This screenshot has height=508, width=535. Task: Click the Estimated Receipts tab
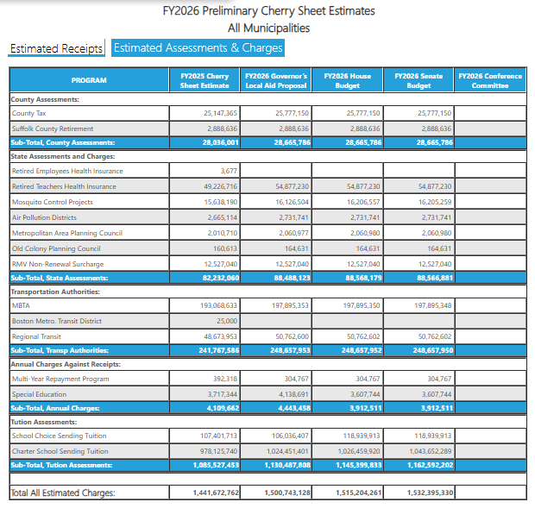56,48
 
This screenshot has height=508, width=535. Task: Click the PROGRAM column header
89,80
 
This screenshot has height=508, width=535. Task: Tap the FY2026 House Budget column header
347,80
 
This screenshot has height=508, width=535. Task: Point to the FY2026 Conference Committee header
490,80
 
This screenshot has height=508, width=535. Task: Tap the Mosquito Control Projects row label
52,202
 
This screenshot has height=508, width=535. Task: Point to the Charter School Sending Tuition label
60,451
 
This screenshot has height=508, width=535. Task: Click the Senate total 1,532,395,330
419,492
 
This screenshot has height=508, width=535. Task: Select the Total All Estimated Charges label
62,492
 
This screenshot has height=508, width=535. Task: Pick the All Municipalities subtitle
268,28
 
